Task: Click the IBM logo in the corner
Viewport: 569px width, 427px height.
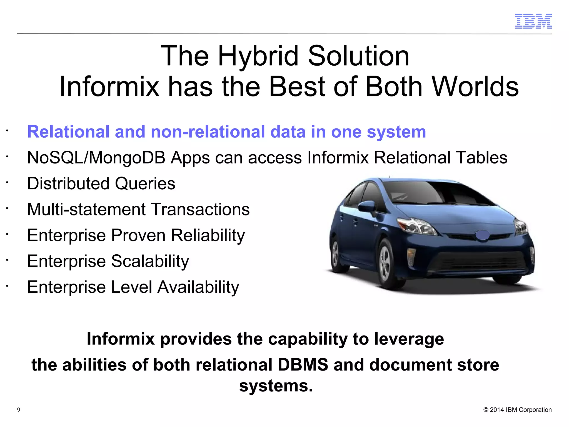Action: [x=533, y=21]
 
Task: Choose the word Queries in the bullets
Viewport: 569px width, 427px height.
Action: [x=145, y=183]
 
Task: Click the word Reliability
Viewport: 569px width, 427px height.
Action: [x=208, y=235]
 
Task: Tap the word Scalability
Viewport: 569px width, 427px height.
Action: [x=150, y=261]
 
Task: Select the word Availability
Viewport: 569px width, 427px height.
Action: [x=198, y=287]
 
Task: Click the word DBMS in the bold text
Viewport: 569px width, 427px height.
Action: [x=303, y=365]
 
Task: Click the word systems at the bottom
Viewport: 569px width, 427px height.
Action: [x=276, y=386]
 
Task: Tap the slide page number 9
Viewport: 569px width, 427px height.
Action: [x=19, y=410]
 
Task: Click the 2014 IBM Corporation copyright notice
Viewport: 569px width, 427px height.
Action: [x=517, y=410]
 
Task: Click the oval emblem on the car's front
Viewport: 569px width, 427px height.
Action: [x=483, y=235]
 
